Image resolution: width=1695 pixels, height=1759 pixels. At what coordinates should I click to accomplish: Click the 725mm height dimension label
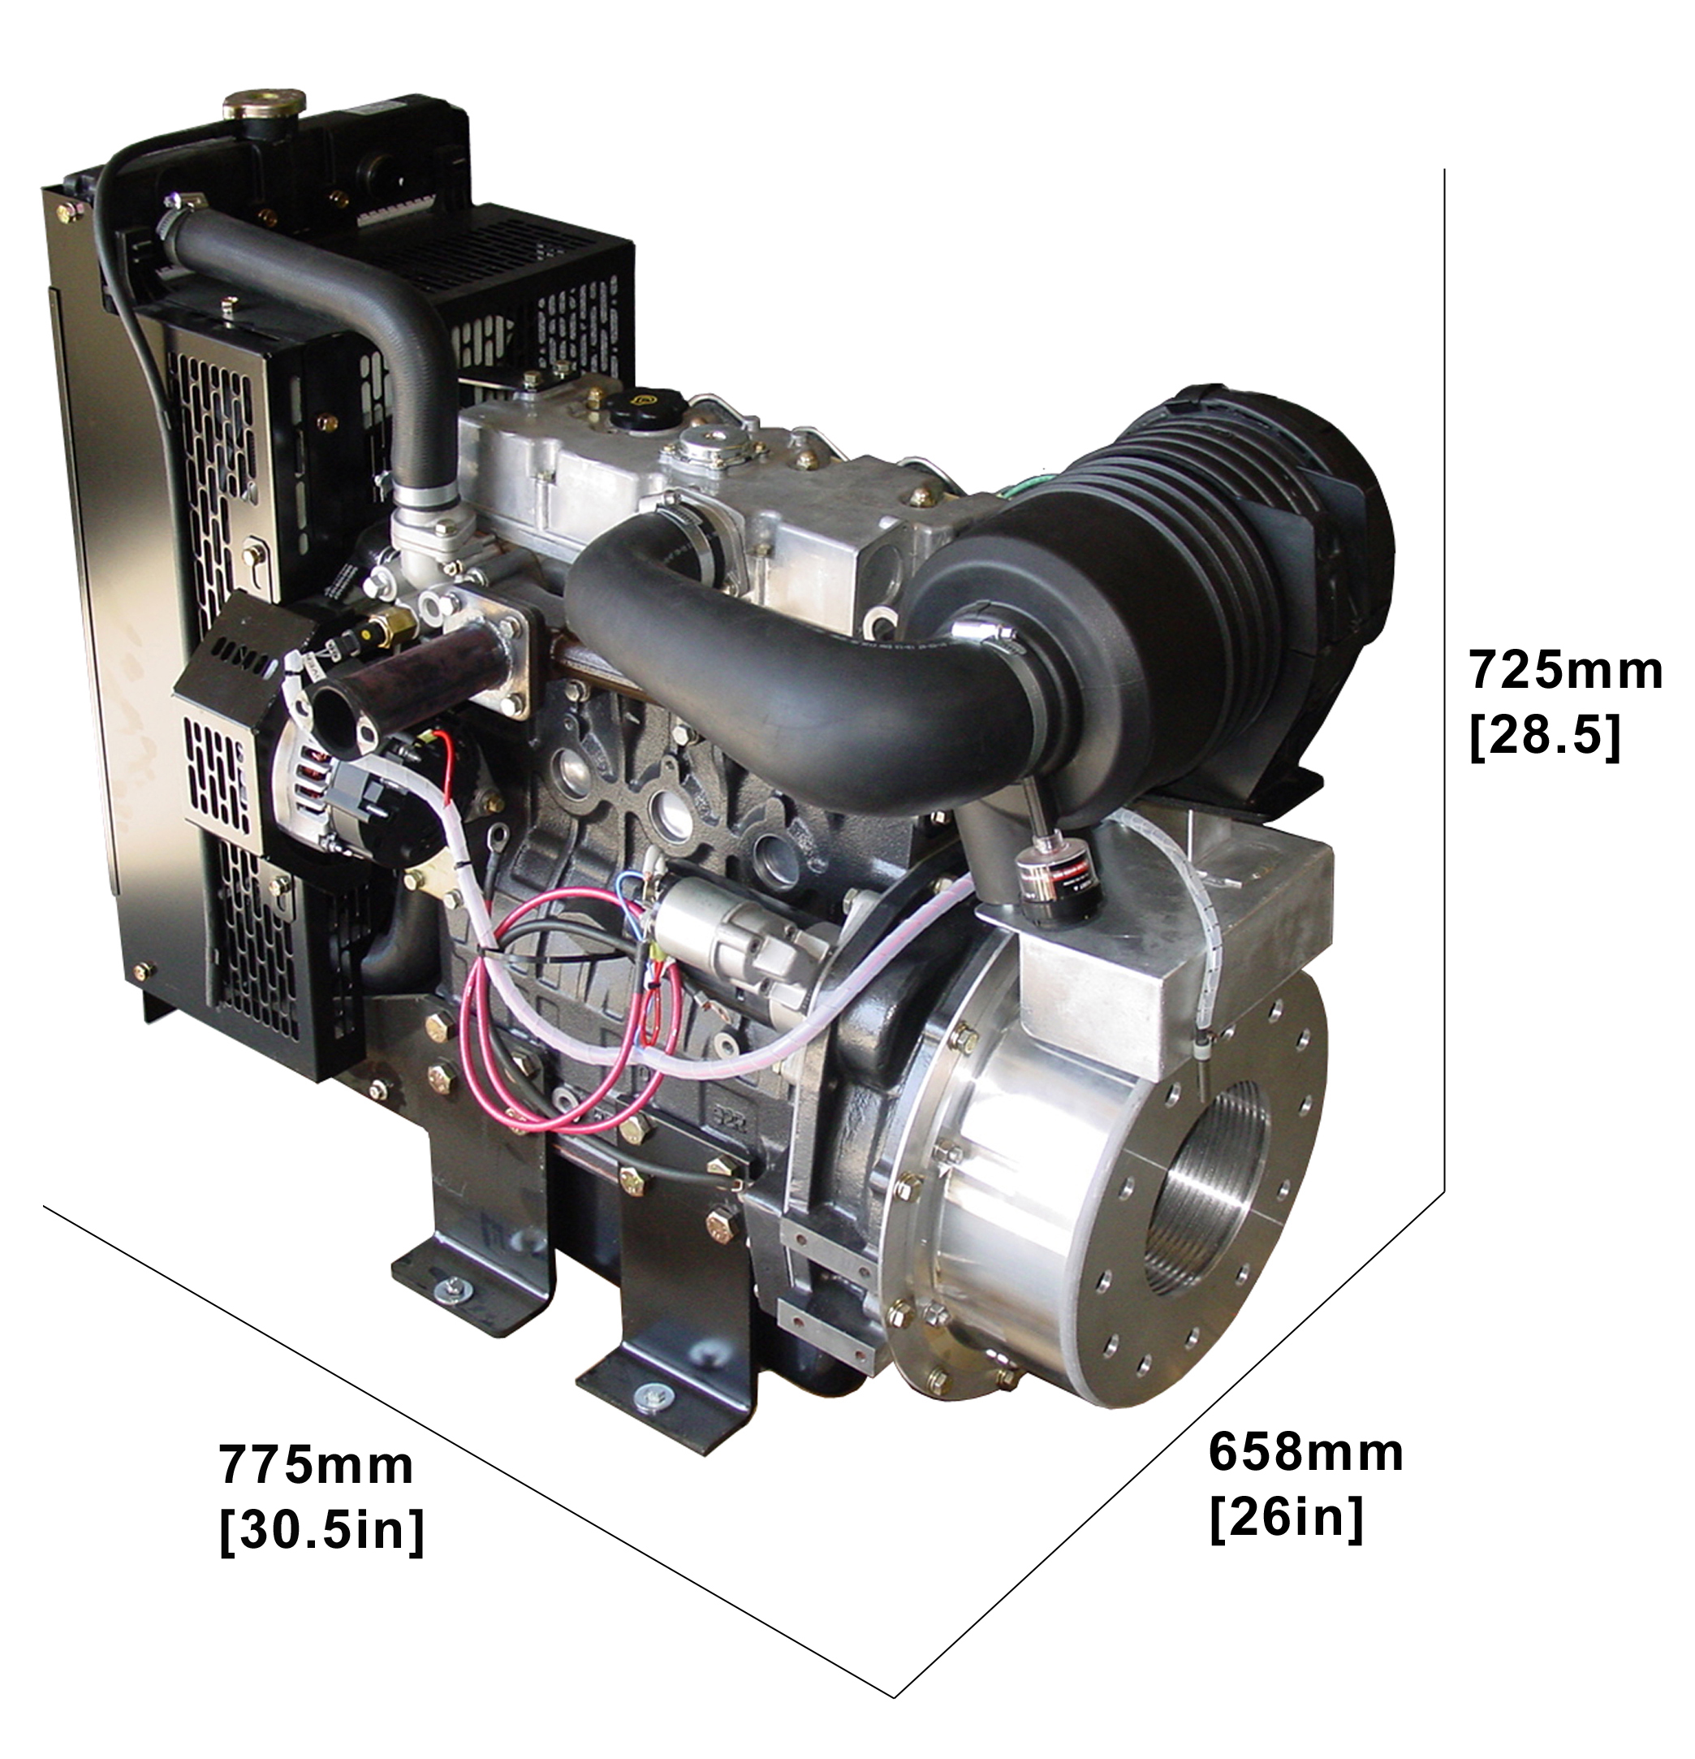(1564, 671)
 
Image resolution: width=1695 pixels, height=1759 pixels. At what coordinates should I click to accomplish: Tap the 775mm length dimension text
(317, 1466)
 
